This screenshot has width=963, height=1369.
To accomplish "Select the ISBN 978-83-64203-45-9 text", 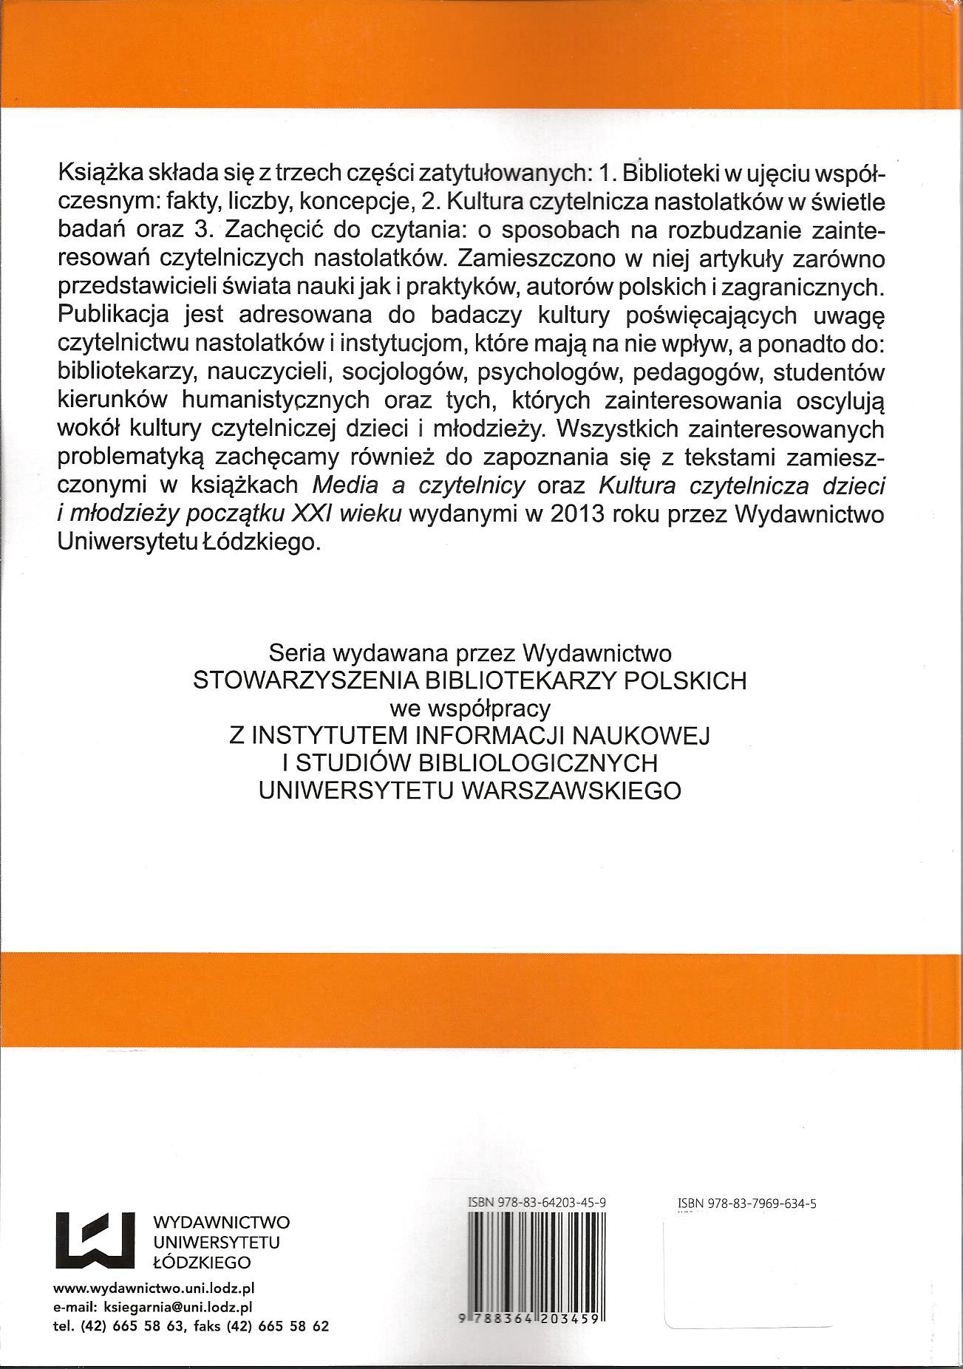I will click(537, 1203).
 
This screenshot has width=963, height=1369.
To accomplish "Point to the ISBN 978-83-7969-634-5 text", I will click(746, 1204).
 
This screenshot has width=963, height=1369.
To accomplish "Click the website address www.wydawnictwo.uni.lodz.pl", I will click(154, 1307).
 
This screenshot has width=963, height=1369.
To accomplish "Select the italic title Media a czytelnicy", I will click(419, 485).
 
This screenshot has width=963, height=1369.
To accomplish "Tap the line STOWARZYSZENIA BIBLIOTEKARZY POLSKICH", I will click(469, 680).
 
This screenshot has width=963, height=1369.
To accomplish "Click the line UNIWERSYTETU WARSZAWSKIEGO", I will click(469, 790).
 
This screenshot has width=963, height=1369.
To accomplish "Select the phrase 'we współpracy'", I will click(469, 708).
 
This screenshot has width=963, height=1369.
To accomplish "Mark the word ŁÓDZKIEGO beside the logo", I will click(200, 1261).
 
